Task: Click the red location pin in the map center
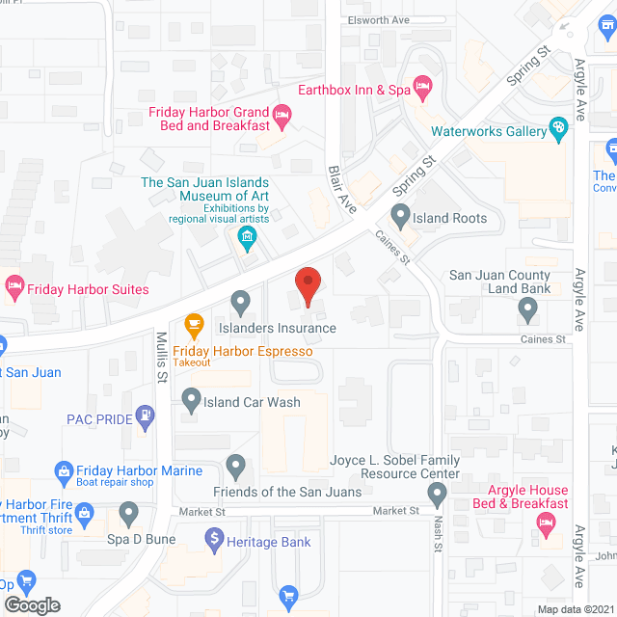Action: pyautogui.click(x=307, y=285)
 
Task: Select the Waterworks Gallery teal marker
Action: pyautogui.click(x=558, y=129)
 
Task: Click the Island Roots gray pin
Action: pyautogui.click(x=398, y=216)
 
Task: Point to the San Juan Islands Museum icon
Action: pyautogui.click(x=248, y=236)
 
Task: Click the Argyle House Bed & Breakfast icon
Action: pyautogui.click(x=545, y=523)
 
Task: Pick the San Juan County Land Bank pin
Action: pyautogui.click(x=526, y=308)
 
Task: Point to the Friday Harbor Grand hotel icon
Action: pyautogui.click(x=282, y=119)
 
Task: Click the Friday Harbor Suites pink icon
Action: pyautogui.click(x=13, y=286)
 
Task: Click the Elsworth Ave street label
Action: pyautogui.click(x=380, y=18)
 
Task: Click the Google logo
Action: pyautogui.click(x=32, y=604)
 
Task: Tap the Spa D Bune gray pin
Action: pyautogui.click(x=128, y=511)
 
